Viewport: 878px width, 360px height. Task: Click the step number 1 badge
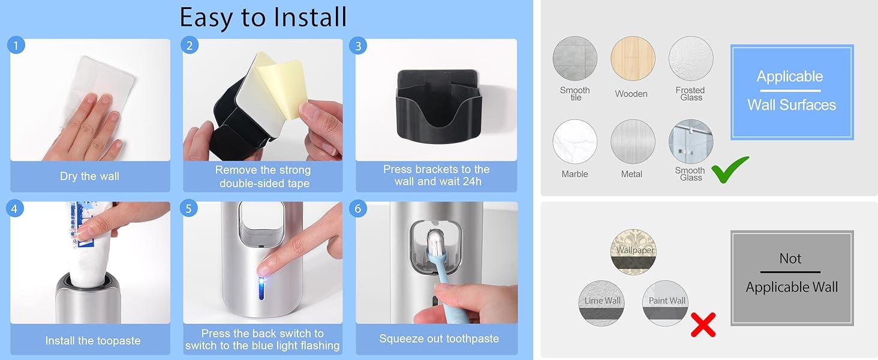[x=16, y=45]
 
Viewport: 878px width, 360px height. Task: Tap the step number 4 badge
[x=16, y=208]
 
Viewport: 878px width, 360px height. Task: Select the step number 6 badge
[x=358, y=208]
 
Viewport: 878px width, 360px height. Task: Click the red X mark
[x=703, y=325]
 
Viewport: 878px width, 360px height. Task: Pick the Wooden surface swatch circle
[x=633, y=59]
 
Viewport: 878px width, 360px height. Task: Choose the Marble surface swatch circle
[x=575, y=142]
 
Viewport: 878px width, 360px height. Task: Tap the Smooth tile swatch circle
[x=575, y=59]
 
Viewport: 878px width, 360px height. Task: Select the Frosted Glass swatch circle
[x=691, y=59]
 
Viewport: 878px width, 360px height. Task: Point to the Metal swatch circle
[x=633, y=142]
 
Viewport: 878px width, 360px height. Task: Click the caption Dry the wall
[x=89, y=176]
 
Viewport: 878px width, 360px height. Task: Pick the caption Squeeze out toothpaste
[x=439, y=339]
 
